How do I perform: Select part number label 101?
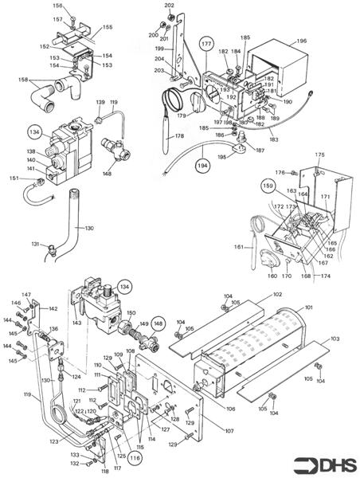click(x=309, y=307)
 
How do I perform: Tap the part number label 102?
click(x=277, y=295)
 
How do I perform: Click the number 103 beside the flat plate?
click(x=335, y=339)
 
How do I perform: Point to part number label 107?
click(x=229, y=432)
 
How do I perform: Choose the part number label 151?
click(x=13, y=178)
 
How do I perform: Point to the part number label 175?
click(x=319, y=155)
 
